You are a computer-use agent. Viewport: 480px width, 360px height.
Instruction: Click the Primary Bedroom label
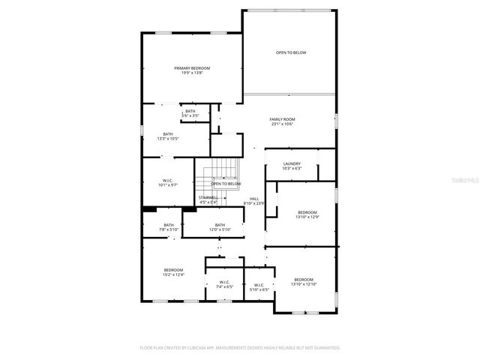(192, 70)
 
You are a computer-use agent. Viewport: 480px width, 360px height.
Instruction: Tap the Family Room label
(283, 121)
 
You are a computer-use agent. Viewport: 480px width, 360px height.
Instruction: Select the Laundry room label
(292, 166)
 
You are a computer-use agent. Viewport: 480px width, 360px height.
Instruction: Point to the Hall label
(254, 200)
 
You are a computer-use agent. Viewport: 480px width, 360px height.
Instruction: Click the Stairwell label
(208, 199)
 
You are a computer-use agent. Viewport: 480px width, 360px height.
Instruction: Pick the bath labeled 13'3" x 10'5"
(168, 136)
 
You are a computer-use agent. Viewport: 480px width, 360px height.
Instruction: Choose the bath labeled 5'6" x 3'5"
(190, 113)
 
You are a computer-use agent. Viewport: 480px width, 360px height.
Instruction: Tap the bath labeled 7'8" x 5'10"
(169, 227)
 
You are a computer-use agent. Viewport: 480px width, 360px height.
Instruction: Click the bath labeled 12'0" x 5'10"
(220, 227)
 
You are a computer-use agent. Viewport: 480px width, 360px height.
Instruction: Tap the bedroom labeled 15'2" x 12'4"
(173, 272)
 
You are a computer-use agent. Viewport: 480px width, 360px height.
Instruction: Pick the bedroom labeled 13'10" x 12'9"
(308, 214)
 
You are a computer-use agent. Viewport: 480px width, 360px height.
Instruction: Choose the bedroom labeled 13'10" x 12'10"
(304, 282)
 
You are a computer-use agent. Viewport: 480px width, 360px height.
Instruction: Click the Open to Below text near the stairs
(226, 184)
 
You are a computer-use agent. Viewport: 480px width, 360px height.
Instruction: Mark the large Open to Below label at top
(291, 52)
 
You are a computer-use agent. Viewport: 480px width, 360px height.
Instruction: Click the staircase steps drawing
(204, 180)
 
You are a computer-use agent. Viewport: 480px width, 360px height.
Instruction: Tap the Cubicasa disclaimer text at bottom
(240, 348)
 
